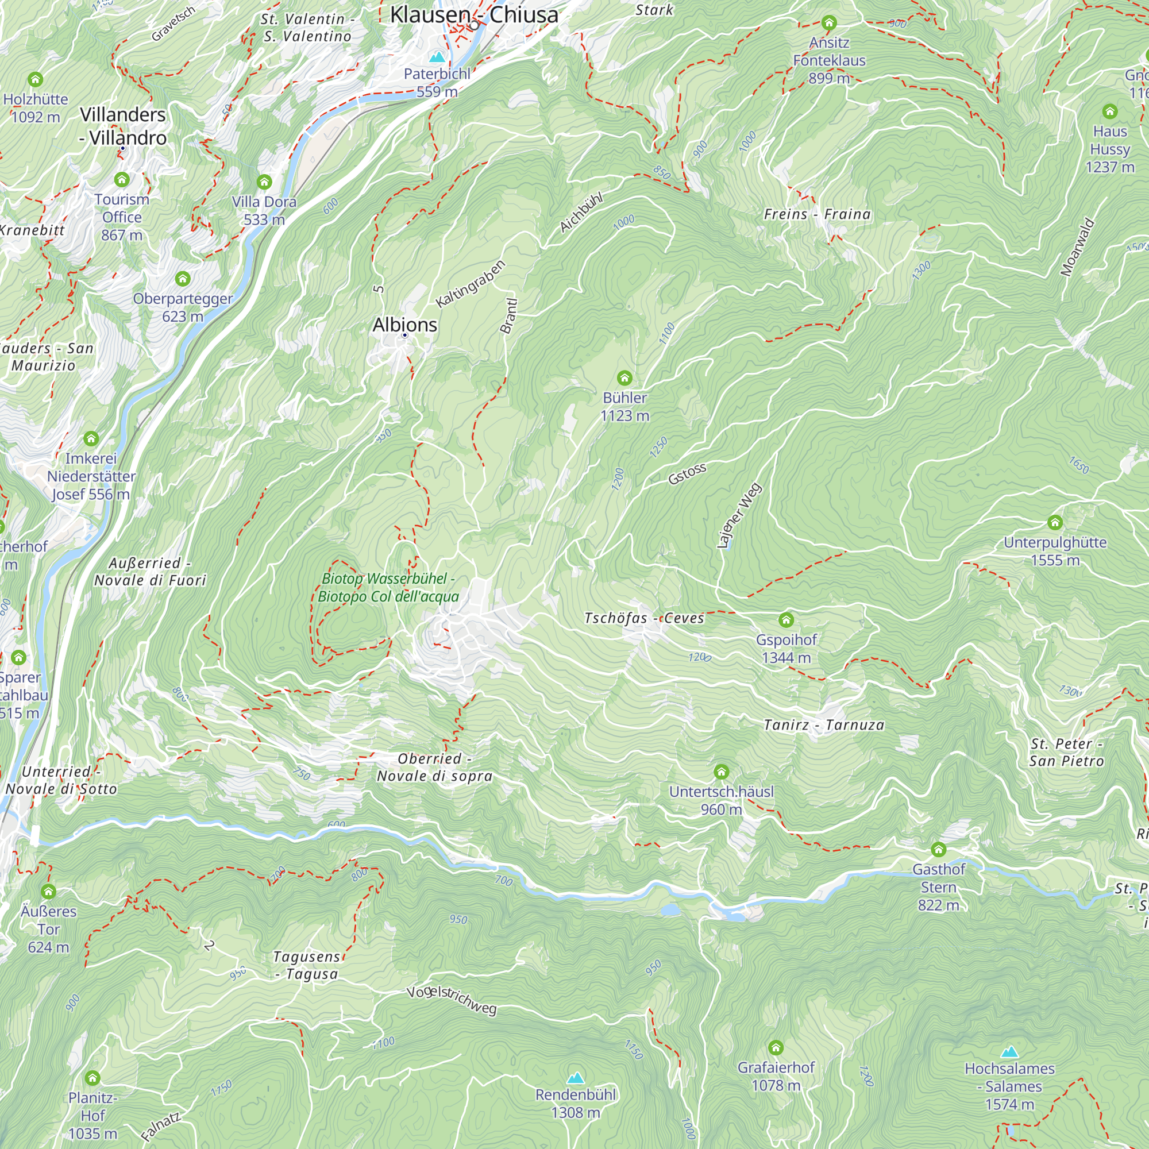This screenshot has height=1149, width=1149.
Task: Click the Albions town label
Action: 404,325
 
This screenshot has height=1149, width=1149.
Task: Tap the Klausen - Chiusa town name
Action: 474,15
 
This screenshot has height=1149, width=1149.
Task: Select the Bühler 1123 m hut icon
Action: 624,377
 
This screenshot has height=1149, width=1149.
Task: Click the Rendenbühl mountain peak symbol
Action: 575,1078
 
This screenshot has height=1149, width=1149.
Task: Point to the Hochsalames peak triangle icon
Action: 1009,1052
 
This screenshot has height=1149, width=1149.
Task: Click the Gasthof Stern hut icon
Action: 939,849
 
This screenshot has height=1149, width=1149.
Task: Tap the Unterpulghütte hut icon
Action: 1055,522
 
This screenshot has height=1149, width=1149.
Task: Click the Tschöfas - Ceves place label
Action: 644,618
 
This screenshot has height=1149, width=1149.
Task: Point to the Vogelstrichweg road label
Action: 452,1000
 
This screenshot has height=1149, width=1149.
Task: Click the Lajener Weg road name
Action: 739,515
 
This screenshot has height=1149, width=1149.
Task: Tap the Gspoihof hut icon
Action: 786,620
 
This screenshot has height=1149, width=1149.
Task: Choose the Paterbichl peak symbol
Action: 437,56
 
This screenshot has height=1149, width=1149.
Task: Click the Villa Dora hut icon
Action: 264,182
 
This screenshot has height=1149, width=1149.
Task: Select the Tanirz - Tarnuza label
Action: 824,725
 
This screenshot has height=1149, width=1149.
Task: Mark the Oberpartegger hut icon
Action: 183,278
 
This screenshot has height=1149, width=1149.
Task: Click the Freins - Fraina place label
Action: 817,214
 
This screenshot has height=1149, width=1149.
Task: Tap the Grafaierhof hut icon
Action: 776,1047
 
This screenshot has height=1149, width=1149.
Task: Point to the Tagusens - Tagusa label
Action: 307,965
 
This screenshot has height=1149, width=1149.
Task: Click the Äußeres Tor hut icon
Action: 49,892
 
